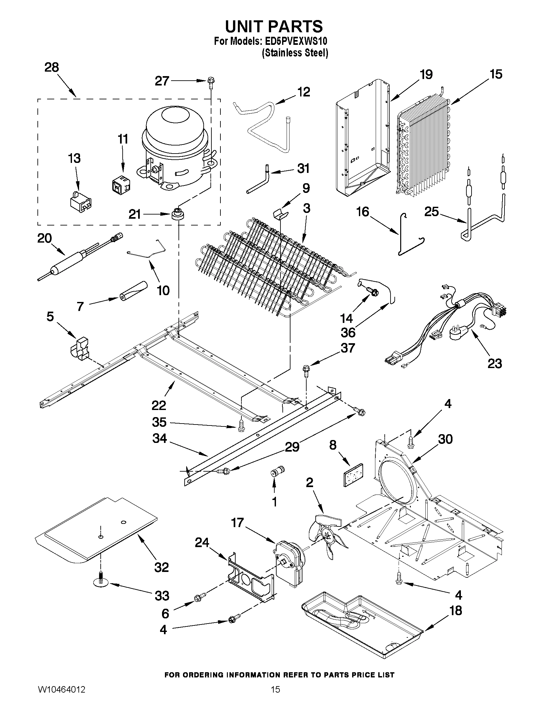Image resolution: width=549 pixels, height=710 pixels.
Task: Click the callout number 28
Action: pos(52,68)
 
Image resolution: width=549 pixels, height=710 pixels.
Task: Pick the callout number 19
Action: pos(426,75)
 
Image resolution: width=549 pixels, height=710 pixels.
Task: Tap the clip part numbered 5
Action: pos(80,349)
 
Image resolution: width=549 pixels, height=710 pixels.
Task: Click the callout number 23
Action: pos(494,364)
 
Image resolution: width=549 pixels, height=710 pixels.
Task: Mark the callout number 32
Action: pos(161,567)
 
